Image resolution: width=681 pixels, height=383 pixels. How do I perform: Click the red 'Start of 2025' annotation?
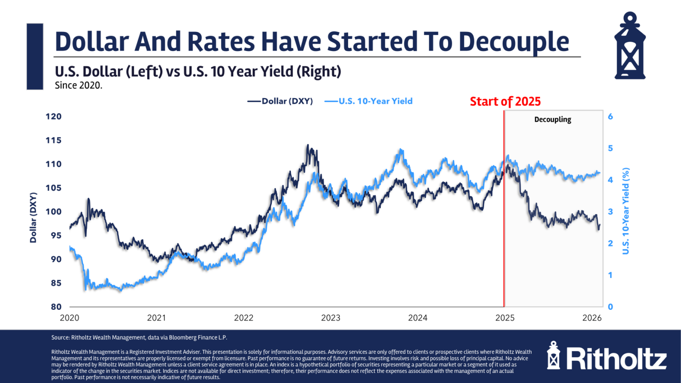point(505,102)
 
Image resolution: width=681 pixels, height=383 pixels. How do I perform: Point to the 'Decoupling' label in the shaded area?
point(552,120)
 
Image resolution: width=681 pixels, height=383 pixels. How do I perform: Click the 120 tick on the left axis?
point(54,117)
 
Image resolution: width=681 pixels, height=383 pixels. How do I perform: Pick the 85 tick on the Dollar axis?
point(56,283)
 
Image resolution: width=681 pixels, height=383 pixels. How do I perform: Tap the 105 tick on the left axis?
point(54,188)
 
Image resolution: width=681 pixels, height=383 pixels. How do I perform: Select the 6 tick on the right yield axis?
point(611,117)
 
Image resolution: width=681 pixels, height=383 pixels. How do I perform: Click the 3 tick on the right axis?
point(611,212)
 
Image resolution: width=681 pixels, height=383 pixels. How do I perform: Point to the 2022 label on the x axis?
point(243,318)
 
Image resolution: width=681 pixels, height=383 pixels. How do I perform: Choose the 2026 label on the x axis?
point(592,318)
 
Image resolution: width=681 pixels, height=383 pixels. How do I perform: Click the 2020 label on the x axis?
point(70,318)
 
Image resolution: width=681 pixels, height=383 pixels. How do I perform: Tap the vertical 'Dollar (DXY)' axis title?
point(33,218)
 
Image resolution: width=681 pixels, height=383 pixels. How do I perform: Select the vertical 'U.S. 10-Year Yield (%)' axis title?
point(626,211)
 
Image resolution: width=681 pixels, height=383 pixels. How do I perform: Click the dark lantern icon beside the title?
point(630,46)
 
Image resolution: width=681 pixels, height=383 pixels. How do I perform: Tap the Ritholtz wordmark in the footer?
point(616,358)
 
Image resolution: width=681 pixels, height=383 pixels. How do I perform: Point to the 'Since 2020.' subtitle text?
point(78,86)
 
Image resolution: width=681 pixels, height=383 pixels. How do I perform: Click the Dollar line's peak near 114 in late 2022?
point(307,145)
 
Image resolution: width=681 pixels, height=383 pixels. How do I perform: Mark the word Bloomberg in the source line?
point(188,338)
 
